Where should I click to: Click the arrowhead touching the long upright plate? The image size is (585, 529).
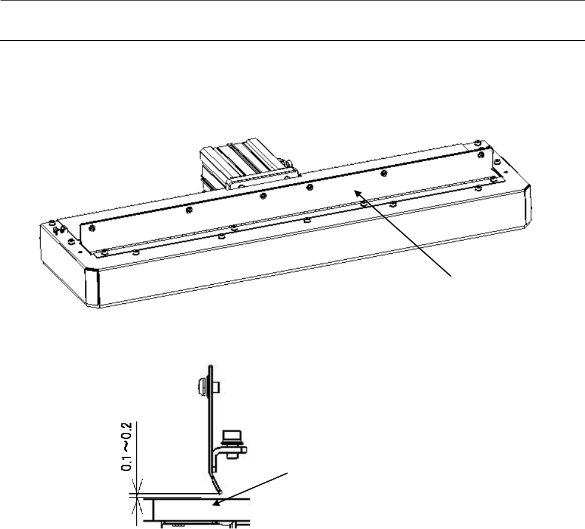(x=357, y=192)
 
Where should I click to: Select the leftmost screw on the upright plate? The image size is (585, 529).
(x=188, y=211)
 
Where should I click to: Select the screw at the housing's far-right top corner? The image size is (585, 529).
(x=475, y=142)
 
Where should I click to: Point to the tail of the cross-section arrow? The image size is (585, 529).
(x=290, y=474)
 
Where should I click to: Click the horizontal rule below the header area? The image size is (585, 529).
(x=292, y=41)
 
